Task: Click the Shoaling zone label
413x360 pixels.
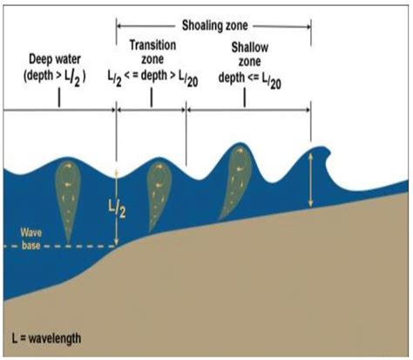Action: tap(214, 25)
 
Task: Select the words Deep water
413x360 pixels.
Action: tap(55, 59)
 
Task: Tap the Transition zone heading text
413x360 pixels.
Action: tap(152, 52)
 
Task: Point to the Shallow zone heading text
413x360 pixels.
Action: tap(249, 54)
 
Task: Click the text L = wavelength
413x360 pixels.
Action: tap(46, 338)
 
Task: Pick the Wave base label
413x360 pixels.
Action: tap(30, 239)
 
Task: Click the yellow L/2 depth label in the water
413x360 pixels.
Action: tap(117, 209)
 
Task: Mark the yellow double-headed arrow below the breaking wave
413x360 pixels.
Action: tap(311, 180)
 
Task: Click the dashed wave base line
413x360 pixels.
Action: tap(60, 247)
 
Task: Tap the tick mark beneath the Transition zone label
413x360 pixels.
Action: tap(152, 97)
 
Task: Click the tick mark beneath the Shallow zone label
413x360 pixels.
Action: tap(245, 98)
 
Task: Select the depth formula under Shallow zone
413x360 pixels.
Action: tap(250, 80)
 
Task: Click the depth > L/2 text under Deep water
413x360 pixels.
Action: tap(55, 77)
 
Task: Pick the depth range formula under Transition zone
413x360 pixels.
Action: tap(152, 78)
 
